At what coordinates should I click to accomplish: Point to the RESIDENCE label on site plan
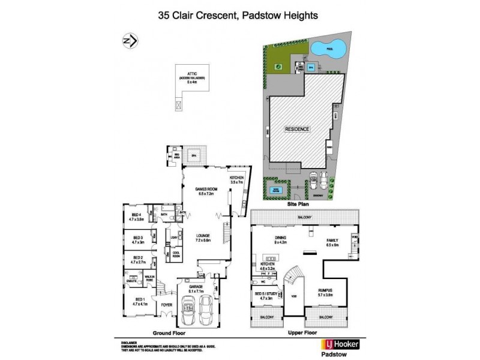pyautogui.click(x=297, y=129)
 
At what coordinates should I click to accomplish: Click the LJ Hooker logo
pyautogui.click(x=331, y=344)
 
